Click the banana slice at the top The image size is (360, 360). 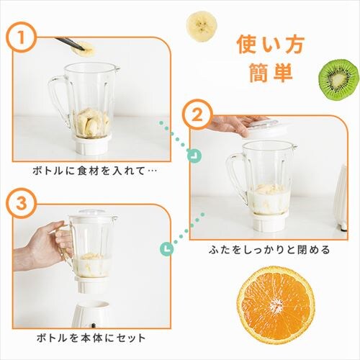pyautogui.click(x=202, y=27)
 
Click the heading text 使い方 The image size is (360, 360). pyautogui.click(x=266, y=45)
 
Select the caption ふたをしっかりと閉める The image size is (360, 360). pyautogui.click(x=268, y=251)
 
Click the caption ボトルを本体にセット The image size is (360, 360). pyautogui.click(x=89, y=337)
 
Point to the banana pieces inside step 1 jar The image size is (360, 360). pyautogui.click(x=91, y=122)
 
